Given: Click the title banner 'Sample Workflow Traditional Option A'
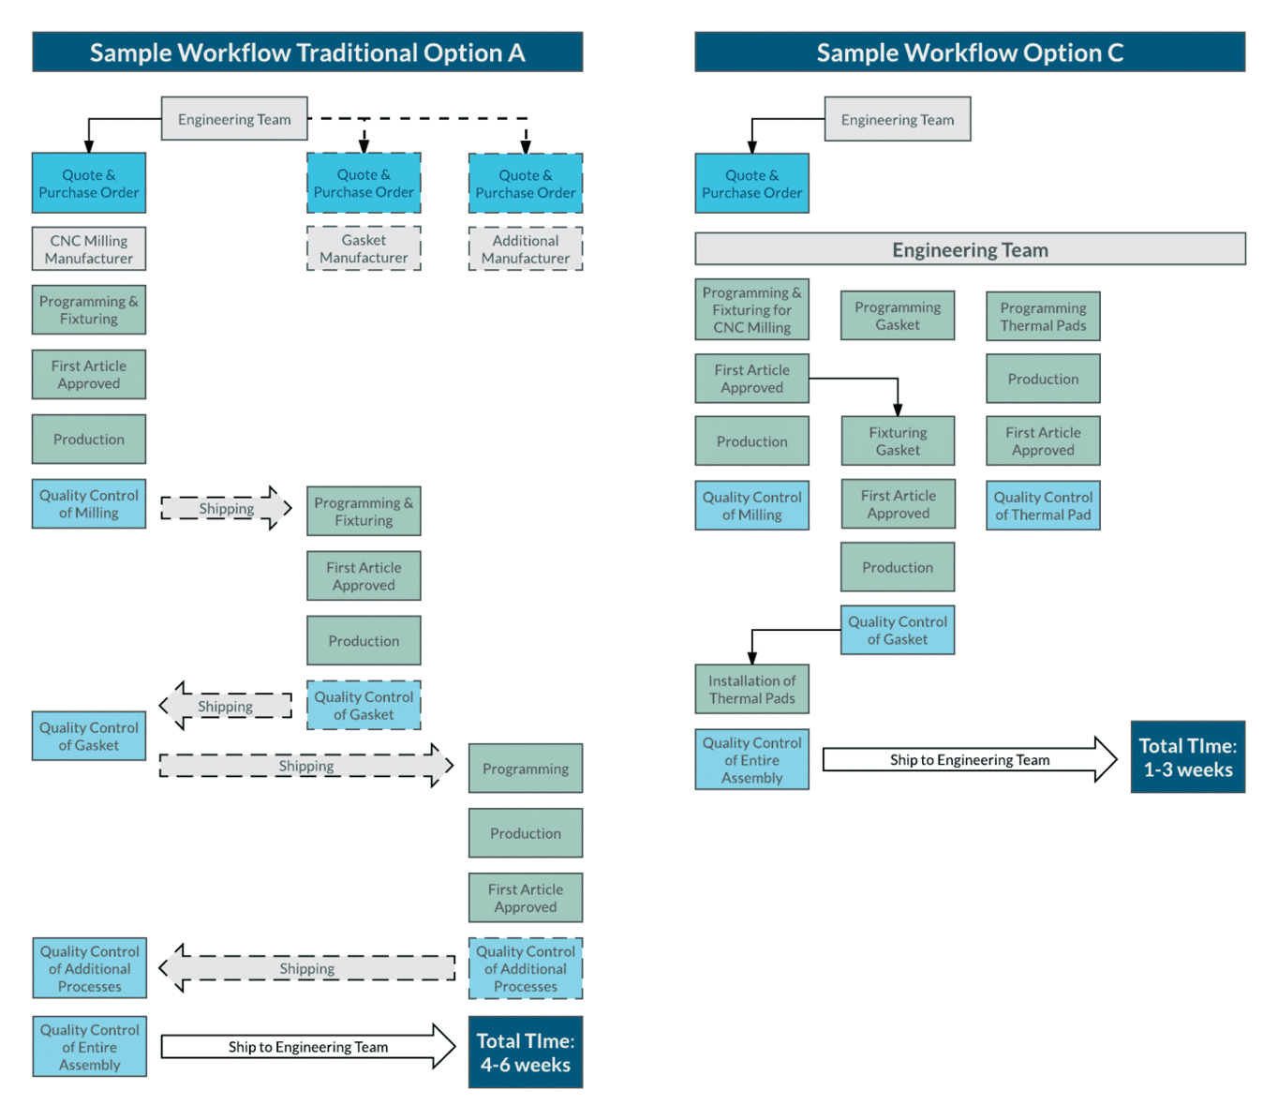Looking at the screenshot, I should (x=307, y=52).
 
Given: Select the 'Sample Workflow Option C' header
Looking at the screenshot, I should (x=969, y=52).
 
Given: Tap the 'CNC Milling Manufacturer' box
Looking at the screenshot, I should (x=89, y=249).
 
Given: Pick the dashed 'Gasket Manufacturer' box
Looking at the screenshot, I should (x=364, y=248).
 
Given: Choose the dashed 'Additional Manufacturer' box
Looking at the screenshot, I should (x=526, y=249).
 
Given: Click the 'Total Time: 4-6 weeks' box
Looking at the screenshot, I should (x=526, y=1053).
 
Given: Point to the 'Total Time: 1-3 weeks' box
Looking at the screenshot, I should (x=1187, y=757).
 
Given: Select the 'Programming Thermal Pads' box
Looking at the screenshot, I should (x=1043, y=317).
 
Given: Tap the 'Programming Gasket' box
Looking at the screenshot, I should (x=898, y=316).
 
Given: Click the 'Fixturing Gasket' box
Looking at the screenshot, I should (x=898, y=441).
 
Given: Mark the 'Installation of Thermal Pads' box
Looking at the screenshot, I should (x=751, y=690).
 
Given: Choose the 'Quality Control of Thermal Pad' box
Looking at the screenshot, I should (x=1043, y=506).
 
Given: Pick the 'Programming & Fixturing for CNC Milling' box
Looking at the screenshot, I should (x=751, y=310).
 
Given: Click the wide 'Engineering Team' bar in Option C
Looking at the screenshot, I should (x=969, y=250).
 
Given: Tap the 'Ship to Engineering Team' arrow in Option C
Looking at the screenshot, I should (x=969, y=759).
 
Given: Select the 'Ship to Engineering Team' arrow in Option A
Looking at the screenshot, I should (x=307, y=1047).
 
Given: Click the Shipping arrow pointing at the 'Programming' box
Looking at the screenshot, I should (x=306, y=766).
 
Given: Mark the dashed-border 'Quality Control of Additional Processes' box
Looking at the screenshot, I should (x=526, y=969).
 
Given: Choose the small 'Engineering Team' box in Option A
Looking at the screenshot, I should (x=234, y=119).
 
